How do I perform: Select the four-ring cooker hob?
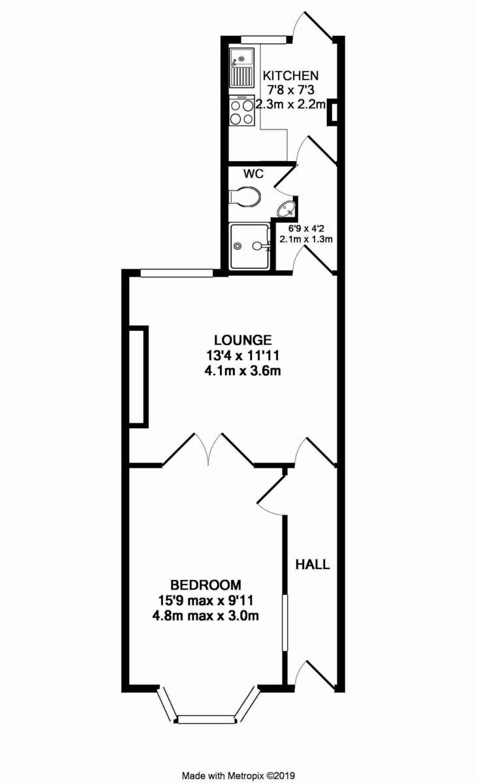(x=242, y=111)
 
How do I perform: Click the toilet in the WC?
(x=246, y=196)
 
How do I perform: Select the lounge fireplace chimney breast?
(x=139, y=376)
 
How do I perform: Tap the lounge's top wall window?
(x=176, y=273)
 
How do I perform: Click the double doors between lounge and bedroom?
(x=208, y=450)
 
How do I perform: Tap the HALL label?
(x=313, y=564)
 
